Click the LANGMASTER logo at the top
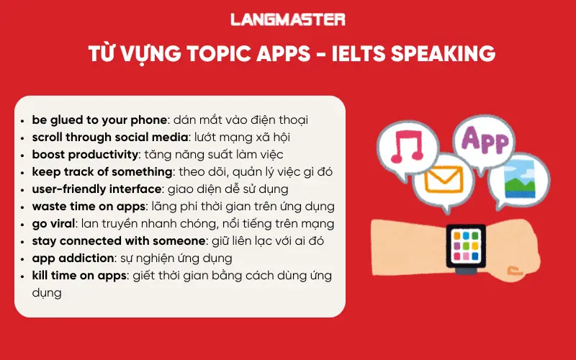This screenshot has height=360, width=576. point(287,19)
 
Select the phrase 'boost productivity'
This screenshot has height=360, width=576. point(85,154)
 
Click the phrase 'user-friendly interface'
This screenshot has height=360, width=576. point(97,189)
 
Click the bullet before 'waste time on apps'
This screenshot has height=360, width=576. point(26,207)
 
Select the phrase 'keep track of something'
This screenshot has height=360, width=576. point(99,171)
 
